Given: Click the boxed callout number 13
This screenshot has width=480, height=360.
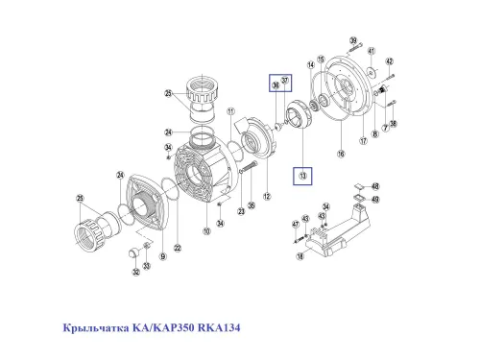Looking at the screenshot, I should (302, 176).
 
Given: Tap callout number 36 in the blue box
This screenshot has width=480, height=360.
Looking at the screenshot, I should (275, 86).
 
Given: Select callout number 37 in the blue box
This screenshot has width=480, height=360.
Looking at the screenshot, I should (284, 81).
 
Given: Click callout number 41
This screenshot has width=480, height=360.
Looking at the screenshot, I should (372, 50).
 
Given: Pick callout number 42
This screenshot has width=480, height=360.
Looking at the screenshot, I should (390, 61).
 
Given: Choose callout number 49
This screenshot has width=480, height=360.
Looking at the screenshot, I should (376, 200).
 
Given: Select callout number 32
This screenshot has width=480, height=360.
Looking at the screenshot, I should (135, 272).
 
